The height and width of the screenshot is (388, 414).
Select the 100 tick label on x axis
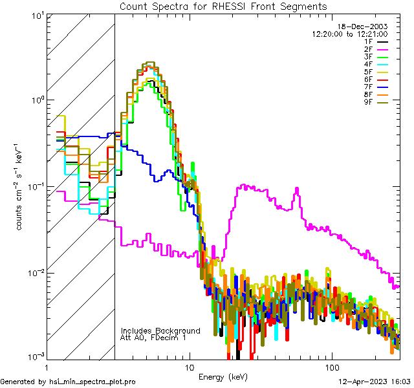(x=331, y=366)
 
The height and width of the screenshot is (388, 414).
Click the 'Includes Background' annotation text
(x=160, y=331)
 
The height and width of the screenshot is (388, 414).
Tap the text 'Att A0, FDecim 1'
(x=153, y=338)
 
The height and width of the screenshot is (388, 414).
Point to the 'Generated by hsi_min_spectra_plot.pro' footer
(x=68, y=382)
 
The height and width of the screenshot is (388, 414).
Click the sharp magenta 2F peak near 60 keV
(x=297, y=190)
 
